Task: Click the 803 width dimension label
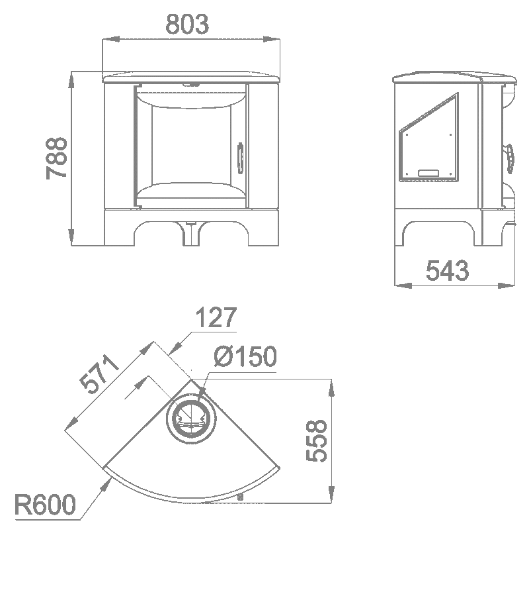tap(187, 24)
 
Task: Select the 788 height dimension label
tap(56, 158)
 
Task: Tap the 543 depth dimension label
tap(448, 270)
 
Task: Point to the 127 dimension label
tap(216, 317)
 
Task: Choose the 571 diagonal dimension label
tap(99, 374)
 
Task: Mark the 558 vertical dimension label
tap(316, 440)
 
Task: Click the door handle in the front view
tap(240, 158)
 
